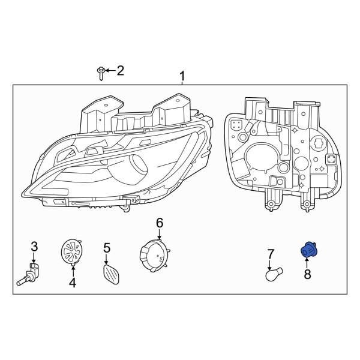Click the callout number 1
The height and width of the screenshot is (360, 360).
[x=183, y=76]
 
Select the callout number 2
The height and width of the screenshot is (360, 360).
[x=120, y=71]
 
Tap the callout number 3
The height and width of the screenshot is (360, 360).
[x=34, y=246]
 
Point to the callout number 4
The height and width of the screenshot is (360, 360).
[x=73, y=282]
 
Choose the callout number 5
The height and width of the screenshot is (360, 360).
[x=107, y=247]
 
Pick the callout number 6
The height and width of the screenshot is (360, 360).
[x=160, y=223]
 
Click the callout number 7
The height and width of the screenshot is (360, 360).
[x=271, y=254]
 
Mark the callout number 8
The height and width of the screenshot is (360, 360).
[x=308, y=275]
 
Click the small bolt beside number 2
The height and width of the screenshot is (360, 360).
[x=100, y=73]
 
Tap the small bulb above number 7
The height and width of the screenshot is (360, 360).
[x=272, y=274]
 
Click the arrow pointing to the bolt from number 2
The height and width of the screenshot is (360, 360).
[x=110, y=71]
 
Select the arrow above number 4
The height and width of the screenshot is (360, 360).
[x=73, y=268]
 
